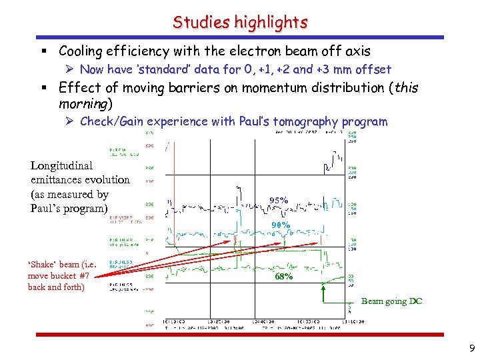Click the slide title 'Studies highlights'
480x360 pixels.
(240, 22)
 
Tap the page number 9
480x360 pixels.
(471, 347)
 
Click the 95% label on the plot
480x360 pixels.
(279, 200)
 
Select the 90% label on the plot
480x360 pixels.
(280, 225)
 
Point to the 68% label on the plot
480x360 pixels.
(283, 276)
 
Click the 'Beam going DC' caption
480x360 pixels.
(391, 301)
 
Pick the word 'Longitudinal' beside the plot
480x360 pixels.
(62, 165)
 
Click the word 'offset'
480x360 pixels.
(373, 69)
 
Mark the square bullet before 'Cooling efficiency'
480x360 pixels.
(51, 51)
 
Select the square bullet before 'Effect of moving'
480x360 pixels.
(51, 88)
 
